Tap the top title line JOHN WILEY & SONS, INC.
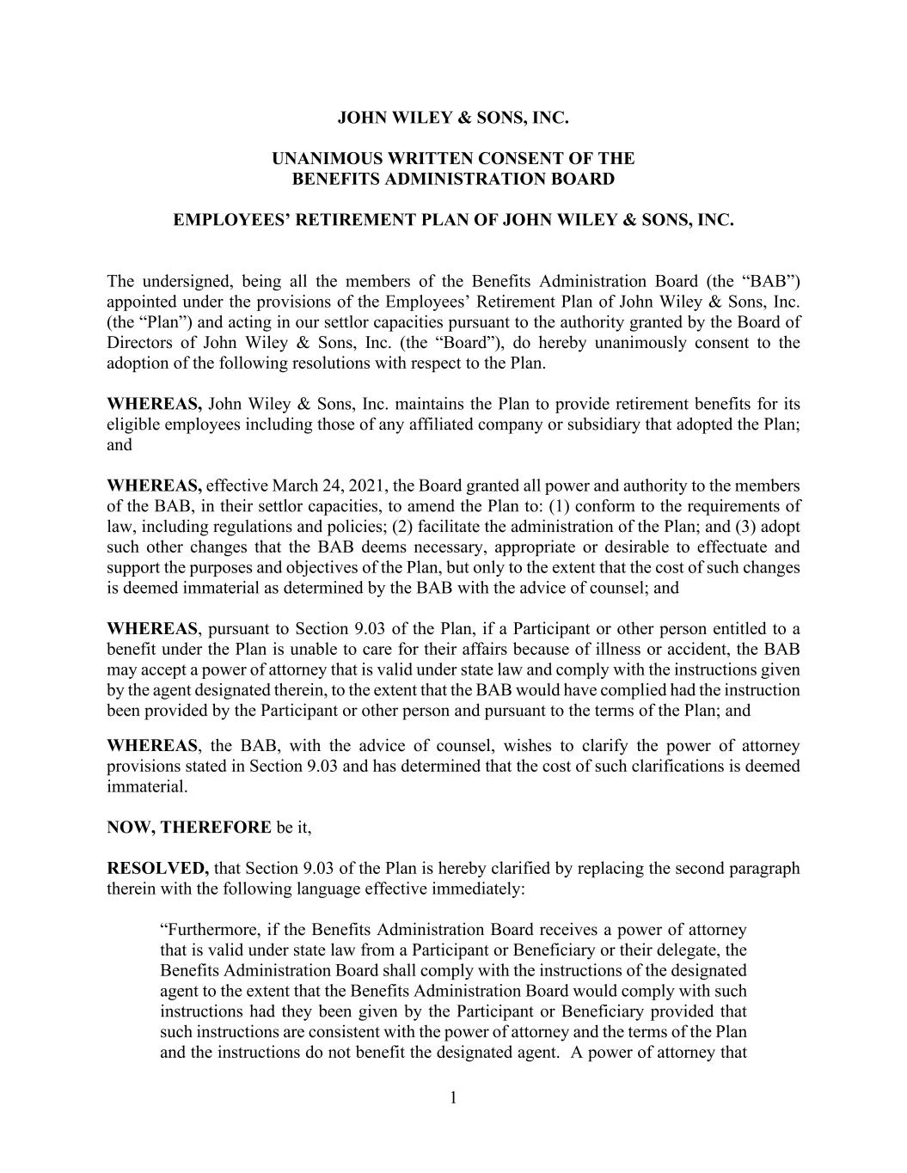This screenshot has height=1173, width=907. pyautogui.click(x=453, y=117)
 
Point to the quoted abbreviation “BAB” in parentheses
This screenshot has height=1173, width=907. pyautogui.click(x=771, y=281)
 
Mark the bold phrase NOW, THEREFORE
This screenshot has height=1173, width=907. pyautogui.click(x=189, y=828)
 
